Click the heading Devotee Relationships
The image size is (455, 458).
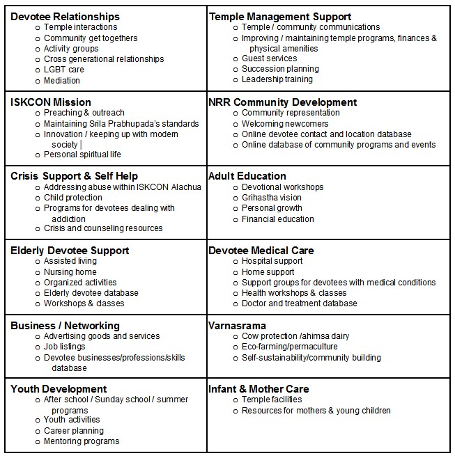(65, 16)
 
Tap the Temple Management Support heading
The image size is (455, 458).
(279, 16)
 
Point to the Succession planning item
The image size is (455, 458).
(280, 69)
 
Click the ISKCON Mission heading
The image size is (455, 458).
(51, 102)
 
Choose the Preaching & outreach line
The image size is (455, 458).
(84, 113)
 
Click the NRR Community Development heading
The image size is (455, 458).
(282, 102)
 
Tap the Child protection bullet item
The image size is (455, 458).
(72, 198)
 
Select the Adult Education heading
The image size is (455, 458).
(247, 176)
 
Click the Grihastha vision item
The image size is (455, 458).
(271, 198)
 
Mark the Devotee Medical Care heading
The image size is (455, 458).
(261, 250)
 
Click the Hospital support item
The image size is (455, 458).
(272, 261)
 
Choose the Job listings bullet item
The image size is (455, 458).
(65, 347)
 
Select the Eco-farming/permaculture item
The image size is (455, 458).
(289, 347)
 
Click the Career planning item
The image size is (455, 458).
(74, 431)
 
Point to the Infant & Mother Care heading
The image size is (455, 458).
(259, 388)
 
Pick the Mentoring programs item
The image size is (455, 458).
(82, 441)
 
